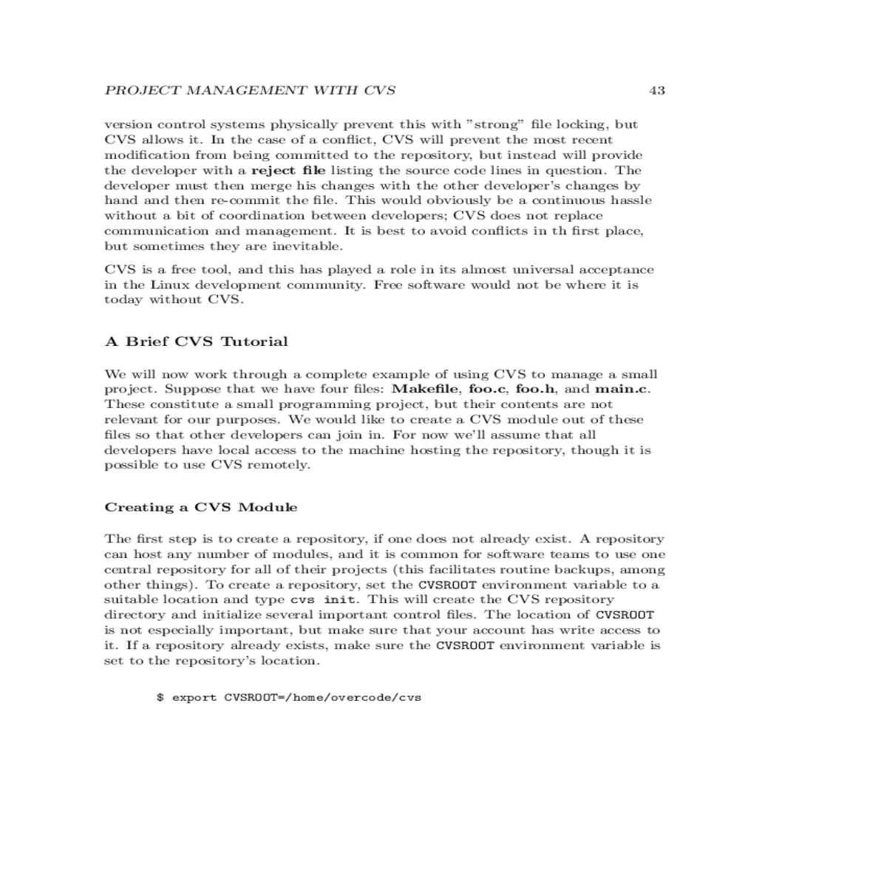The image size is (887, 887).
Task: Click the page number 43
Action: pyautogui.click(x=656, y=91)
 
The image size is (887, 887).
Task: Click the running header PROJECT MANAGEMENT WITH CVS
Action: pyautogui.click(x=250, y=91)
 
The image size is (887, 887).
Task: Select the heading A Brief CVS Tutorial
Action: pyautogui.click(x=197, y=341)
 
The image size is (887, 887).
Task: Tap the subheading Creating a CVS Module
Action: pyautogui.click(x=201, y=507)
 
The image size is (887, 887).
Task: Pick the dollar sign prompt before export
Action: pyautogui.click(x=160, y=697)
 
